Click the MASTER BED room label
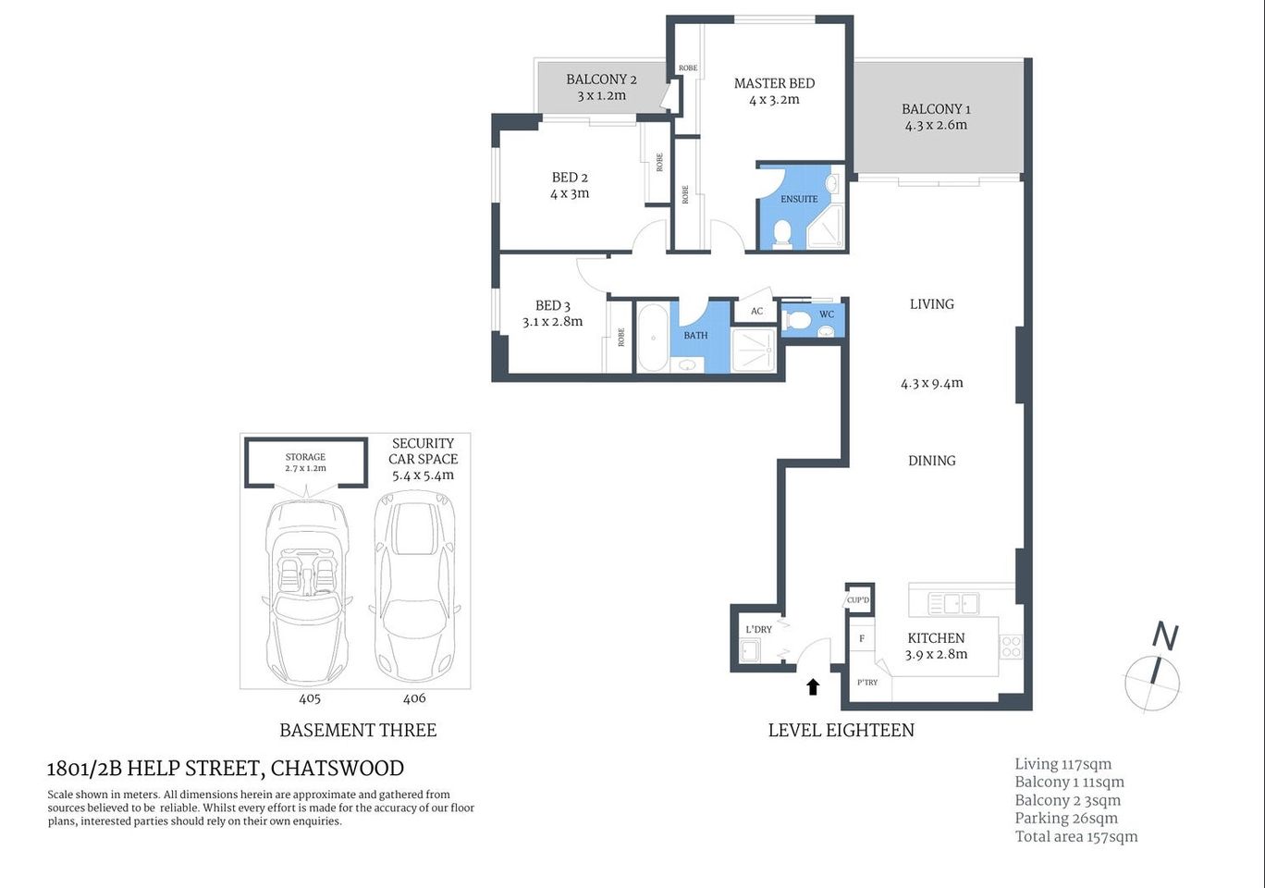click(774, 83)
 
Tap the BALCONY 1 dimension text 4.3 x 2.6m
click(936, 125)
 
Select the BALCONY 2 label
click(601, 80)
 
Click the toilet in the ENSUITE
click(782, 233)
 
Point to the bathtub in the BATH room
click(652, 337)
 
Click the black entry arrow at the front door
click(813, 685)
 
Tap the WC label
click(827, 314)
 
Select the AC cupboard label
click(756, 311)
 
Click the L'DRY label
click(758, 630)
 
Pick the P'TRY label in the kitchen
click(866, 683)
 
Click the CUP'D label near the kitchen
click(858, 600)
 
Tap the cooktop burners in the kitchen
click(1011, 647)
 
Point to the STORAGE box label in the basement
click(305, 457)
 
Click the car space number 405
click(309, 698)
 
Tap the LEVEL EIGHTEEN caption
click(841, 730)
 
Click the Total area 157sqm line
click(1075, 836)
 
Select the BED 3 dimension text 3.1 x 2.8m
click(552, 322)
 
